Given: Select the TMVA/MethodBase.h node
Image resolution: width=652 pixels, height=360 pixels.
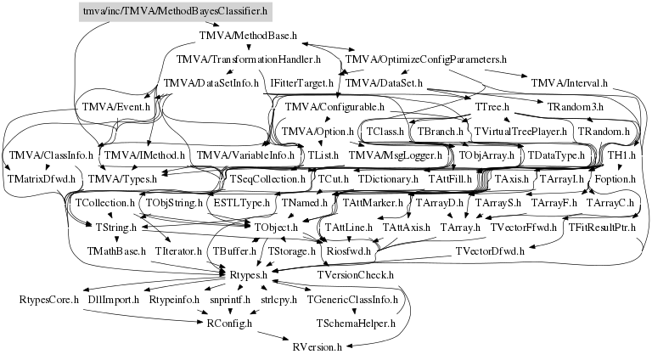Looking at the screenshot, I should (x=247, y=37).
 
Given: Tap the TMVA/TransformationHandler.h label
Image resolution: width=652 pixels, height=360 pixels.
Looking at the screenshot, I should (x=248, y=60).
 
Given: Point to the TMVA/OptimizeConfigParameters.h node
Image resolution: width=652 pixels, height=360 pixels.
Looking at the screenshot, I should (x=425, y=60).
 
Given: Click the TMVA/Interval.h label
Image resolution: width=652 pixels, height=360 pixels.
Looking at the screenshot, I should (x=569, y=83).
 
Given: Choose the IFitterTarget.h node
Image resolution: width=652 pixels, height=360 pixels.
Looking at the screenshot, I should (x=301, y=83).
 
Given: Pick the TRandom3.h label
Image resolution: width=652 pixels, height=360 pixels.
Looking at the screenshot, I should (x=576, y=108).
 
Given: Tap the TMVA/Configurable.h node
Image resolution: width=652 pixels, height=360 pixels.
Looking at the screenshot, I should (x=334, y=108).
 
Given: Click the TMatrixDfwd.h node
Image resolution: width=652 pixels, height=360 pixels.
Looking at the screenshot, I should (x=41, y=179).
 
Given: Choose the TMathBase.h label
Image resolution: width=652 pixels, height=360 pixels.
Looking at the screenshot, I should (x=116, y=252).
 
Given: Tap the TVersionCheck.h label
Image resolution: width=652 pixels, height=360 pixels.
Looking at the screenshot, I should (x=356, y=276).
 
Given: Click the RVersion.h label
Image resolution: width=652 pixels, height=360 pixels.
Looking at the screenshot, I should (x=317, y=347).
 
